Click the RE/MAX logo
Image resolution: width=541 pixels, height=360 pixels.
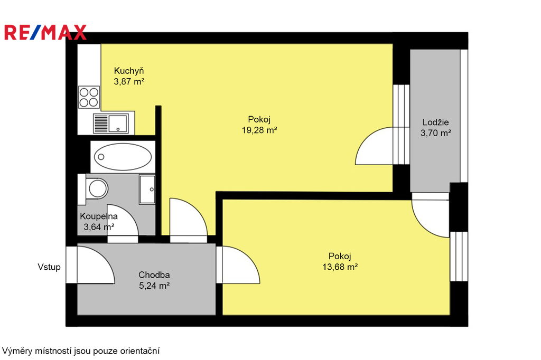[x=45, y=32]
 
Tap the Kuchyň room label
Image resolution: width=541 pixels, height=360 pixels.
[x=129, y=71]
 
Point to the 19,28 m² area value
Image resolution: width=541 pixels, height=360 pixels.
[x=259, y=130]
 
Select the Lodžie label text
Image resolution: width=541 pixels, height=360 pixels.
[x=435, y=122]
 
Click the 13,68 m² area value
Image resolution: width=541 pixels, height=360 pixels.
[x=340, y=267]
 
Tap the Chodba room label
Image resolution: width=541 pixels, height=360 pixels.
[x=154, y=275]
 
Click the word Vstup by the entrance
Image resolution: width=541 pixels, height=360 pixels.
[x=49, y=267]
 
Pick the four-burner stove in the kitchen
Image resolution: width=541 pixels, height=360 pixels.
[x=89, y=97]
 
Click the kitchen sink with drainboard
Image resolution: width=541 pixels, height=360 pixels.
[x=110, y=124]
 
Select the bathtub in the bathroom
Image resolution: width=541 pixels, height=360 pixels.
[x=123, y=157]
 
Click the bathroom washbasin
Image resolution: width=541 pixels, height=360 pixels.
[x=147, y=190]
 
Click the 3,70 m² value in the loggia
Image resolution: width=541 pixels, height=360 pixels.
[x=435, y=133]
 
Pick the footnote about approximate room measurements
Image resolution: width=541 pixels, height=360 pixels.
[x=81, y=351]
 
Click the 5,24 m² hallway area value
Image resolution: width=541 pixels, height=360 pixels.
[x=154, y=286]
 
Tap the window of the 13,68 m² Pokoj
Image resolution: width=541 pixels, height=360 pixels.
[x=459, y=257]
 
